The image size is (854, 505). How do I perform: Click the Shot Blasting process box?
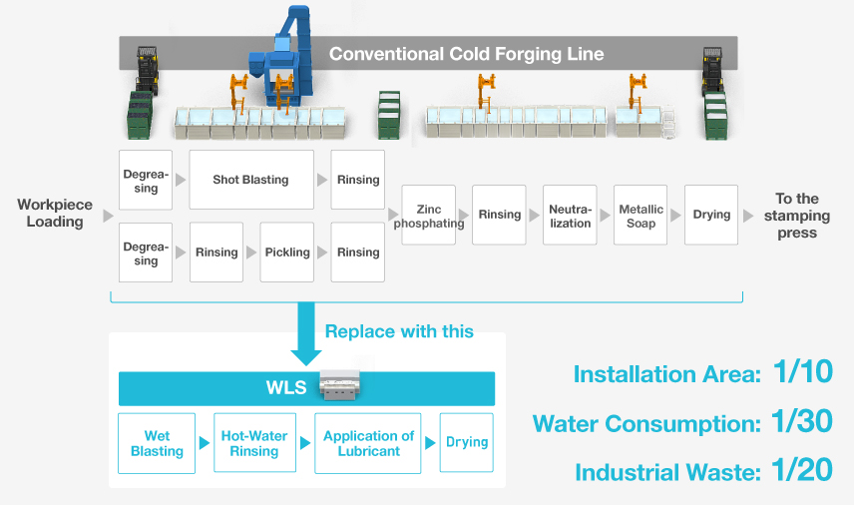coord(250,180)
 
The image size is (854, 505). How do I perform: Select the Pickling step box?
coord(287,252)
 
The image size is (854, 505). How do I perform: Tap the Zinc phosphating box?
coord(428,216)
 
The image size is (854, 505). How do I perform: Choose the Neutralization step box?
coord(570,216)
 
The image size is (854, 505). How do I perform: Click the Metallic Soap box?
coord(640,216)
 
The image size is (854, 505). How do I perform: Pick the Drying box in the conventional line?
coord(711,216)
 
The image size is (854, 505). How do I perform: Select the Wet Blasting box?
coord(157,443)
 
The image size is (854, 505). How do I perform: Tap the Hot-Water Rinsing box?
coord(253,443)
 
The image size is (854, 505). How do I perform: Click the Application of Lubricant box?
coord(368,443)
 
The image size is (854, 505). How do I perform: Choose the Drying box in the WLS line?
coord(467,442)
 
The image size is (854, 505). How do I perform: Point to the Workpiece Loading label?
coord(55,213)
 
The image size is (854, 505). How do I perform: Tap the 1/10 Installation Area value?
coord(802,373)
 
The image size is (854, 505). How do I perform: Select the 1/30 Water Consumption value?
coord(802,421)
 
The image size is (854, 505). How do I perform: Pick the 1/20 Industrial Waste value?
coord(802,470)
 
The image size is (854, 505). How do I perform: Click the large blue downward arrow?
coord(307,336)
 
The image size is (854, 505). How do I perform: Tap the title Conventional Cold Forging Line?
coord(466,54)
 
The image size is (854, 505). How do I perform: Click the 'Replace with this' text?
coord(399,331)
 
